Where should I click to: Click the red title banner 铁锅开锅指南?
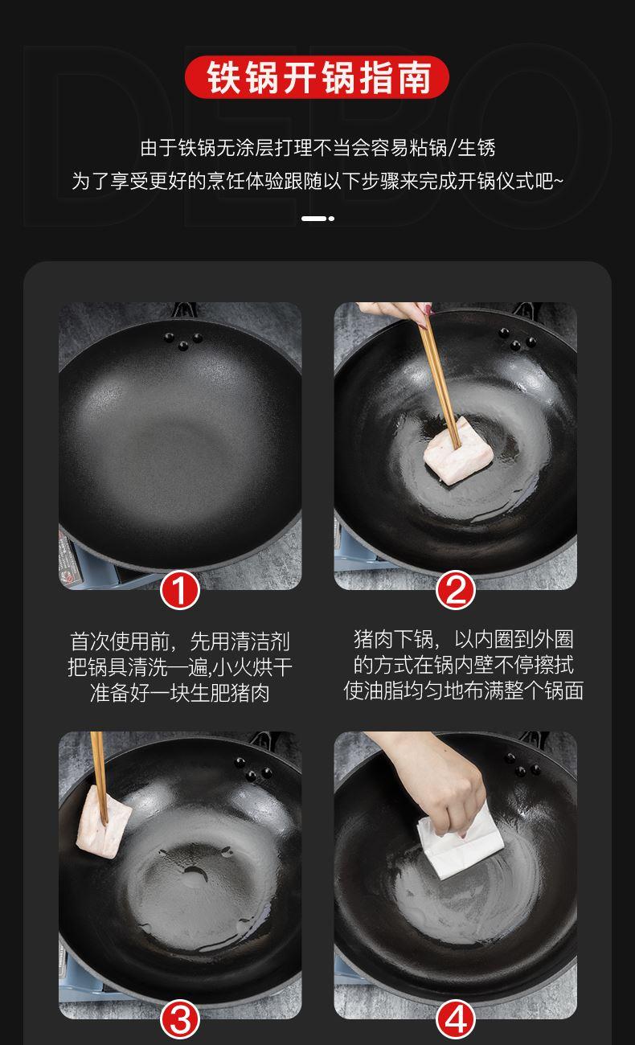tap(317, 77)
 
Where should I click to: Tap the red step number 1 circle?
tap(179, 591)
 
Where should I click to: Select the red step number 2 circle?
tap(456, 591)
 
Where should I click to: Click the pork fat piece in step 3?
tap(104, 822)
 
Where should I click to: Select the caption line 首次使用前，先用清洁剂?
tap(179, 641)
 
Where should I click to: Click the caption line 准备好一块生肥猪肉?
tap(179, 693)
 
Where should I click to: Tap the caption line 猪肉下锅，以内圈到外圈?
tap(463, 639)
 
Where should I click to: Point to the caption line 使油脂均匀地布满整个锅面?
tap(463, 691)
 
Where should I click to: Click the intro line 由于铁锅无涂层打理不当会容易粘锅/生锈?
tap(317, 148)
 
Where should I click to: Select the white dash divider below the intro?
tap(317, 219)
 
